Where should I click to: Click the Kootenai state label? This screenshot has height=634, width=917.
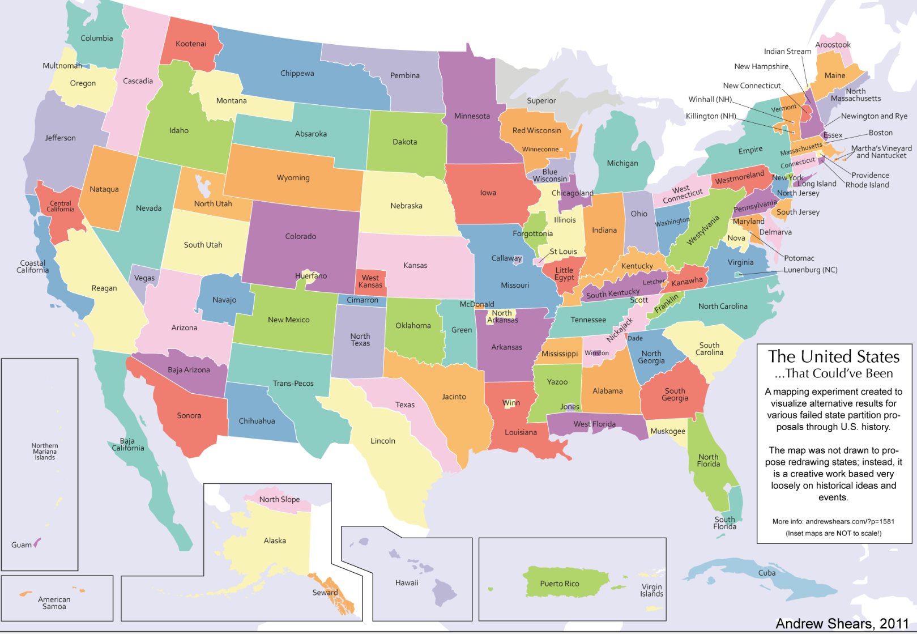[x=191, y=44]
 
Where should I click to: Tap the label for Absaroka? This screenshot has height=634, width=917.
[x=310, y=134]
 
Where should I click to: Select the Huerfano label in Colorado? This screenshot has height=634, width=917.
[x=310, y=276]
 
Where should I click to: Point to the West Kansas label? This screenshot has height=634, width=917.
[x=370, y=281]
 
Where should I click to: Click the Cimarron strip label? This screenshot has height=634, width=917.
[x=362, y=300]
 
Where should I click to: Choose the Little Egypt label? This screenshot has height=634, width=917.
[x=564, y=274]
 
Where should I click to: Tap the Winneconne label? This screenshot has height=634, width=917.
[x=540, y=150]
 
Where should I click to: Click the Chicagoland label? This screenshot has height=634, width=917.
[x=572, y=193]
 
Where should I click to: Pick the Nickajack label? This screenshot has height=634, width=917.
[x=620, y=330]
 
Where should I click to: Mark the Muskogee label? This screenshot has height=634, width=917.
[x=667, y=431]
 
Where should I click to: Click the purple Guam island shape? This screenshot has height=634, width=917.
[x=37, y=542]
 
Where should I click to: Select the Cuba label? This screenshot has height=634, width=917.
[x=766, y=573]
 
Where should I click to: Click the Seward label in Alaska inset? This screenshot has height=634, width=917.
[x=325, y=593]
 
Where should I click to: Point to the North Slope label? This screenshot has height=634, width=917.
[x=279, y=499]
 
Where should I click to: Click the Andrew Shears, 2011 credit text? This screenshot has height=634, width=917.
[x=842, y=623]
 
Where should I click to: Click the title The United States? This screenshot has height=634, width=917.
[x=833, y=356]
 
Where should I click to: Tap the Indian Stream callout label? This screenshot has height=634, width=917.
[x=787, y=51]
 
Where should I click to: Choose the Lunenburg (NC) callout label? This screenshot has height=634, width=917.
[x=810, y=270]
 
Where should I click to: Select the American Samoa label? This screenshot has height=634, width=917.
[x=54, y=603]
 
